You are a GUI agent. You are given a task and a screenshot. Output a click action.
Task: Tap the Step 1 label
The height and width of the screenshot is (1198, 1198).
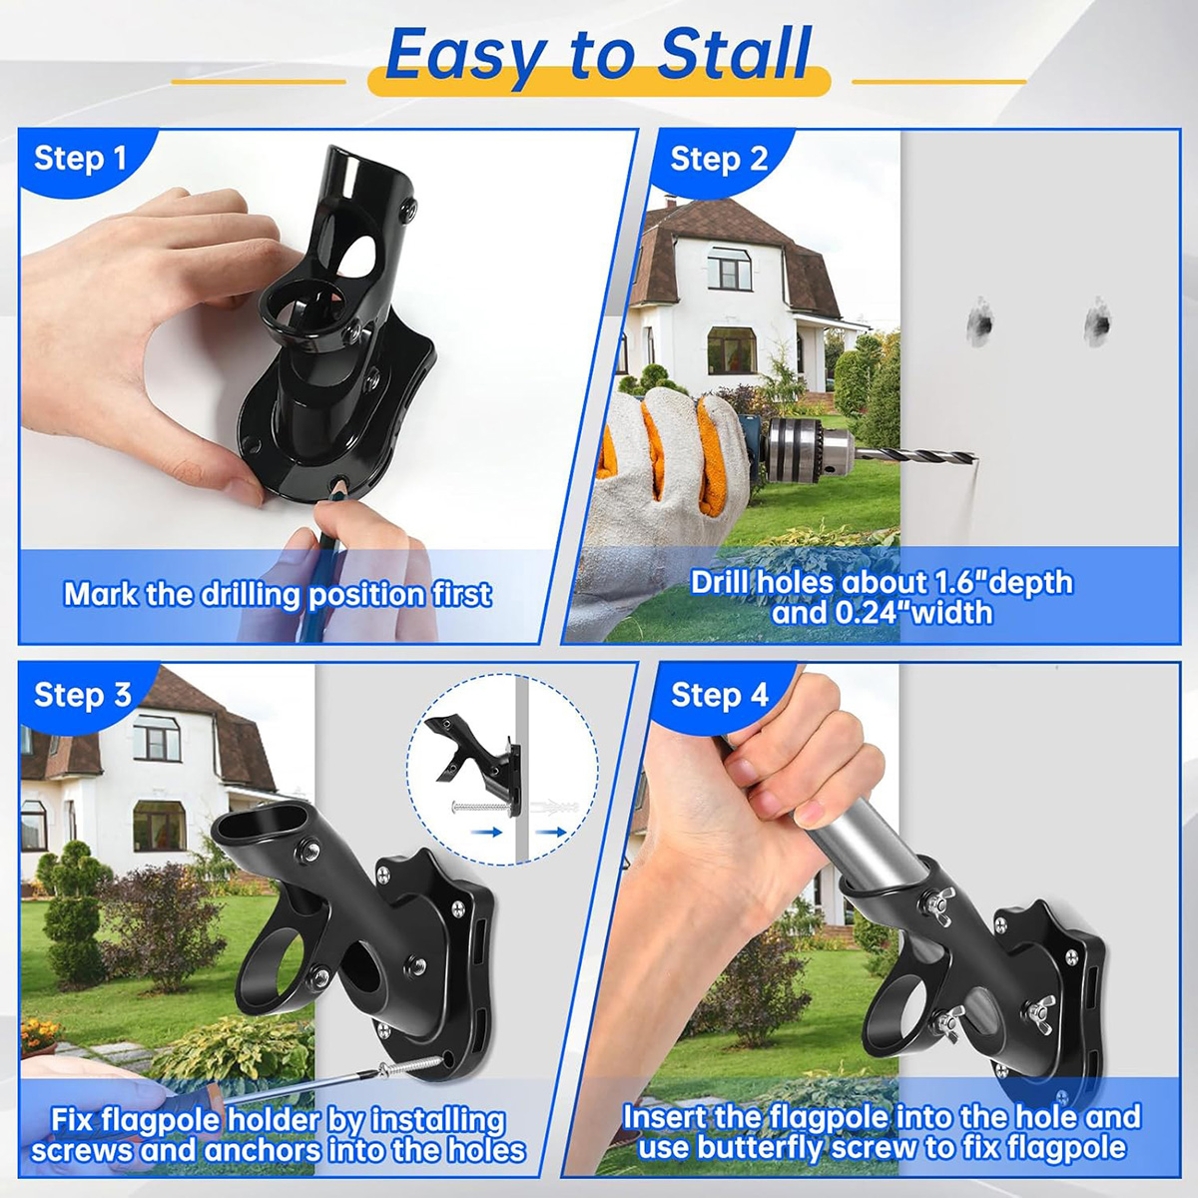point(80,159)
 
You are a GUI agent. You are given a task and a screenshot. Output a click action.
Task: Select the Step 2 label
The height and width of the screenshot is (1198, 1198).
point(719,161)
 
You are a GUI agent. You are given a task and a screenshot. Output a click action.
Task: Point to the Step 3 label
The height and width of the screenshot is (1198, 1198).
point(83,695)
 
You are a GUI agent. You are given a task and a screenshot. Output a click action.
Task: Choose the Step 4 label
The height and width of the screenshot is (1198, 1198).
point(720,695)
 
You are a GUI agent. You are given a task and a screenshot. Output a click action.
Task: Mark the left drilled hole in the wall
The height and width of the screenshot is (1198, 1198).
point(981,323)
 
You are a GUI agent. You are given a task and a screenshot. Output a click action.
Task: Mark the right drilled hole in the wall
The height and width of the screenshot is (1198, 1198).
point(1098,323)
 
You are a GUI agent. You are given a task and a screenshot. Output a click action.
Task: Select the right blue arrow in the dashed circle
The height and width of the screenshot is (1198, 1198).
point(551,832)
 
